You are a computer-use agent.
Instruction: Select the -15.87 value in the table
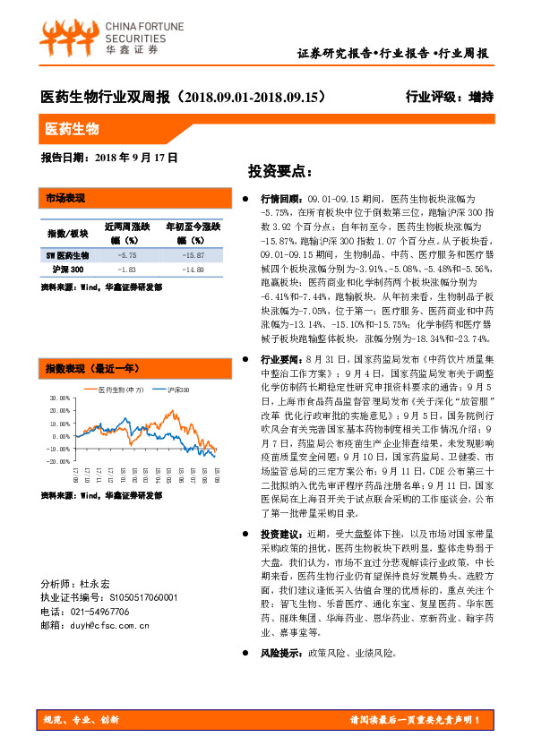click(185, 255)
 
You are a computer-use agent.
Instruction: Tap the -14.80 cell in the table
click(185, 269)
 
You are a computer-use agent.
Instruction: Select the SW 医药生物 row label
click(67, 255)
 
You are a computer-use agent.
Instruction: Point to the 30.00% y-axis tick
click(59, 398)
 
